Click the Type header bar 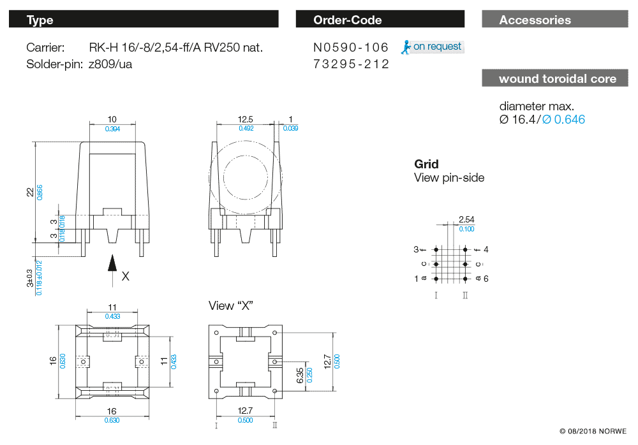144,20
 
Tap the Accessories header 555,20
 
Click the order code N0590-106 351,48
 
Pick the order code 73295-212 351,64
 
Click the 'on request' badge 432,47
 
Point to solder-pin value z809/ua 111,64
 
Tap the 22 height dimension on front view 29,192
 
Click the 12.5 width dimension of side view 246,119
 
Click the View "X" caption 231,306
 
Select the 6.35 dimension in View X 300,374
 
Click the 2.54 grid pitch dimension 466,219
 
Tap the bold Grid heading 426,164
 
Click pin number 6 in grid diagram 486,279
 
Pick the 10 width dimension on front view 112,119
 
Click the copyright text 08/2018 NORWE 593,431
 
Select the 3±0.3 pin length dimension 29,278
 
